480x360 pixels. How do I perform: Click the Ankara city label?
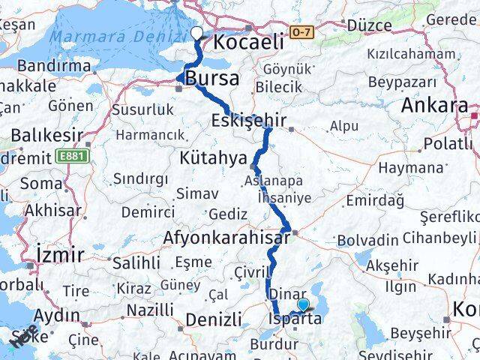tap(435, 106)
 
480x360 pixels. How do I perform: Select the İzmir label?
tap(60, 255)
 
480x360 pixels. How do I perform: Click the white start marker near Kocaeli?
tap(196, 33)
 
